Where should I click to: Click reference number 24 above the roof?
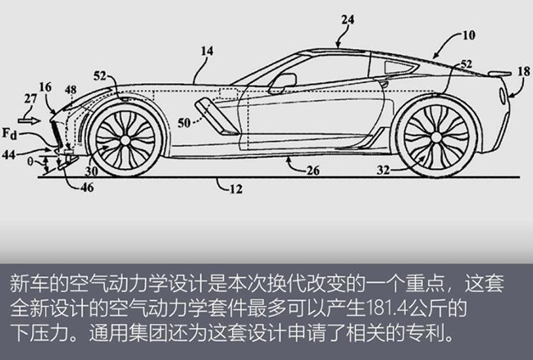(348, 20)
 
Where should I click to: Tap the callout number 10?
(469, 35)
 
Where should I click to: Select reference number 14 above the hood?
(207, 51)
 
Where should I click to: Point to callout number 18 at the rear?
(524, 71)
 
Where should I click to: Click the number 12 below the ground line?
(236, 189)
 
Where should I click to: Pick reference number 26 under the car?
(313, 171)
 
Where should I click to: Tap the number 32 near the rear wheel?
(383, 170)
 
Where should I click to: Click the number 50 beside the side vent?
(184, 123)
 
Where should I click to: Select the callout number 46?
(88, 187)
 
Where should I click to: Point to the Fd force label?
(10, 134)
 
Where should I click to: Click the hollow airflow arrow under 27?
(30, 121)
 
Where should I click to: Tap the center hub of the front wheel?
(125, 139)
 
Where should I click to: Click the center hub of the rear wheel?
(436, 137)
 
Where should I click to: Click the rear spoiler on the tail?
(499, 73)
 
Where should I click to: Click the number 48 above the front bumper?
(71, 89)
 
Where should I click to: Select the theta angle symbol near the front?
(30, 162)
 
